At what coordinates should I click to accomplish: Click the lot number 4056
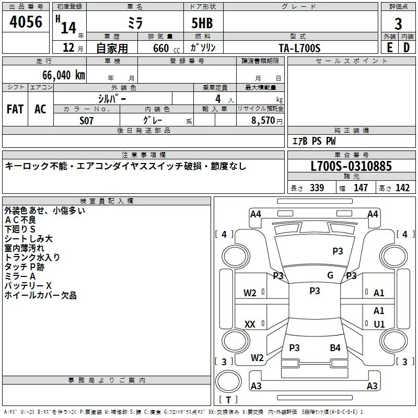point(26,21)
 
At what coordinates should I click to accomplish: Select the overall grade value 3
point(398,24)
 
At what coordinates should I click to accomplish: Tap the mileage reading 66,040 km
point(64,75)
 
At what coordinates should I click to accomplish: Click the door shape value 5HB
point(202,23)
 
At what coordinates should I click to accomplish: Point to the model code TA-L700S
point(299,48)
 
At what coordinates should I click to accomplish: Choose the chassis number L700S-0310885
point(351,166)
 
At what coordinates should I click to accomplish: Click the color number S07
point(86,121)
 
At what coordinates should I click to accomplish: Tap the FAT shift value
point(15,109)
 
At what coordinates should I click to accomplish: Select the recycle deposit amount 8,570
point(263,120)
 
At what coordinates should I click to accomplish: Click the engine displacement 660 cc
point(166,48)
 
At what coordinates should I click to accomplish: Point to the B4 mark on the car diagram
point(335,347)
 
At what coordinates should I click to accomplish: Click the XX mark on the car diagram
point(250,324)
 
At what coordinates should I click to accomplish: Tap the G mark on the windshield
point(330,275)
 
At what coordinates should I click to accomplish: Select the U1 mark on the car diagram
point(379,324)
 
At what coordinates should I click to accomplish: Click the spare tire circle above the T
point(228,381)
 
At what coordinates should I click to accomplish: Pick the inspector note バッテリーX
point(28,286)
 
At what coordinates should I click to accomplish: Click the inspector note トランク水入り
point(32,257)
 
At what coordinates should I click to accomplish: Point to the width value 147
point(361,188)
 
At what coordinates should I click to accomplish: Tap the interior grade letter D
point(407,48)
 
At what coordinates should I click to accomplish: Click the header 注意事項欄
point(144,155)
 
